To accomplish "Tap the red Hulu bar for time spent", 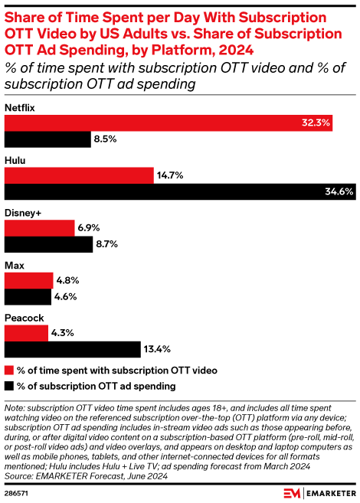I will pyautogui.click(x=80, y=175).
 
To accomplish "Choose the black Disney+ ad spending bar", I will pyautogui.click(x=48, y=245).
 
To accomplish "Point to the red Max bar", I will pyautogui.click(x=29, y=279).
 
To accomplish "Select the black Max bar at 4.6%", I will pyautogui.click(x=28, y=298).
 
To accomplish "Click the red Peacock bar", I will pyautogui.click(x=27, y=333).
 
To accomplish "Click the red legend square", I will pyautogui.click(x=9, y=371).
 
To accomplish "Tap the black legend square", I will pyautogui.click(x=9, y=385).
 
